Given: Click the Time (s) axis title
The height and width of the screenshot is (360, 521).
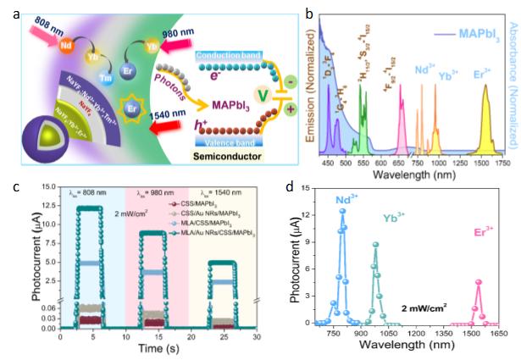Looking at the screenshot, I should [158, 347].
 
